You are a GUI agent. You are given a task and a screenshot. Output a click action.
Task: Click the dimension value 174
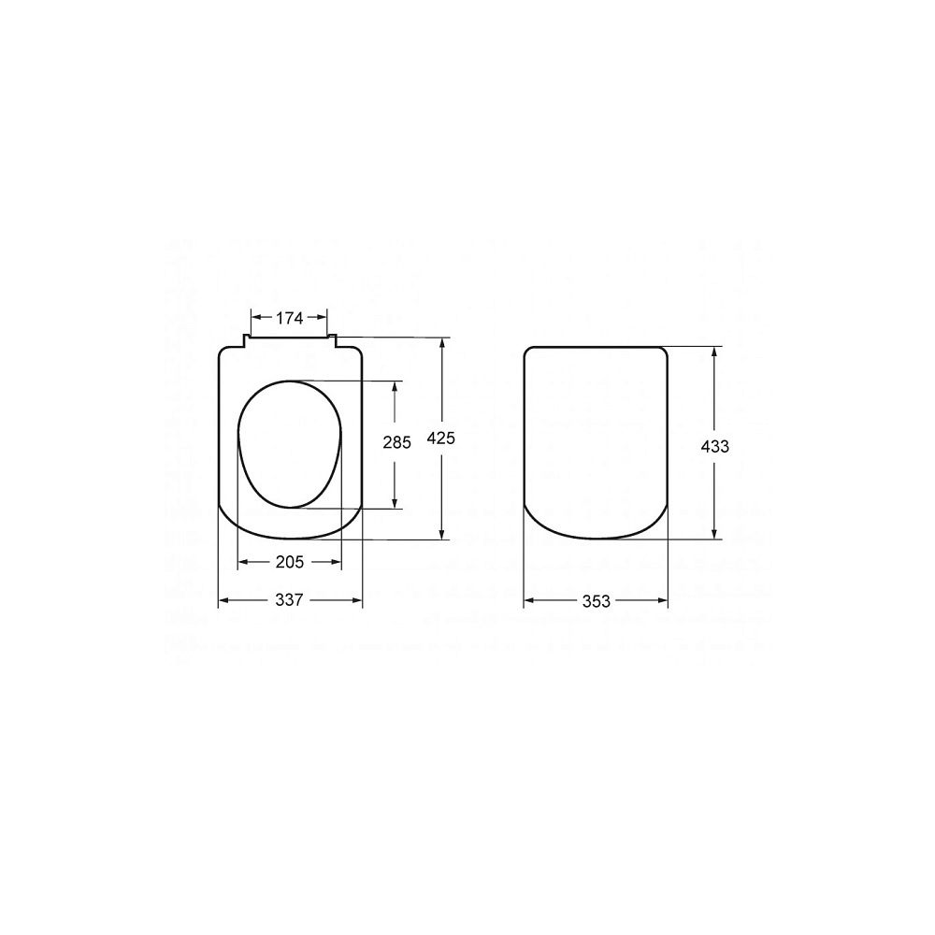coord(289,319)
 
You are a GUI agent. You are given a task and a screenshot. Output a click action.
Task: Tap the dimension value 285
coord(396,442)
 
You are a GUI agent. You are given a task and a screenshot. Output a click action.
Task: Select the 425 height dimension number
coord(441,439)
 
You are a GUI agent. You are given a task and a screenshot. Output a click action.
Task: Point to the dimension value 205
coord(290,562)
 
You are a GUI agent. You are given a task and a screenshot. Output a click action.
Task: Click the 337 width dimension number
coord(290,600)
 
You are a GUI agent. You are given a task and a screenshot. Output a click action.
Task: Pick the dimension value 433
coord(715,446)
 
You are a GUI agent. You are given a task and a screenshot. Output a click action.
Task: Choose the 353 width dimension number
coord(597,601)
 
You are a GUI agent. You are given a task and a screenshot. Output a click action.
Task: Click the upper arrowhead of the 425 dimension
coord(442,343)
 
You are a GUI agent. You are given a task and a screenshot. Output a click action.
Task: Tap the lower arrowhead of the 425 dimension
coord(442,534)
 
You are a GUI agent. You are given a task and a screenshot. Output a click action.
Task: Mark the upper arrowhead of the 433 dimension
coord(714,352)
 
